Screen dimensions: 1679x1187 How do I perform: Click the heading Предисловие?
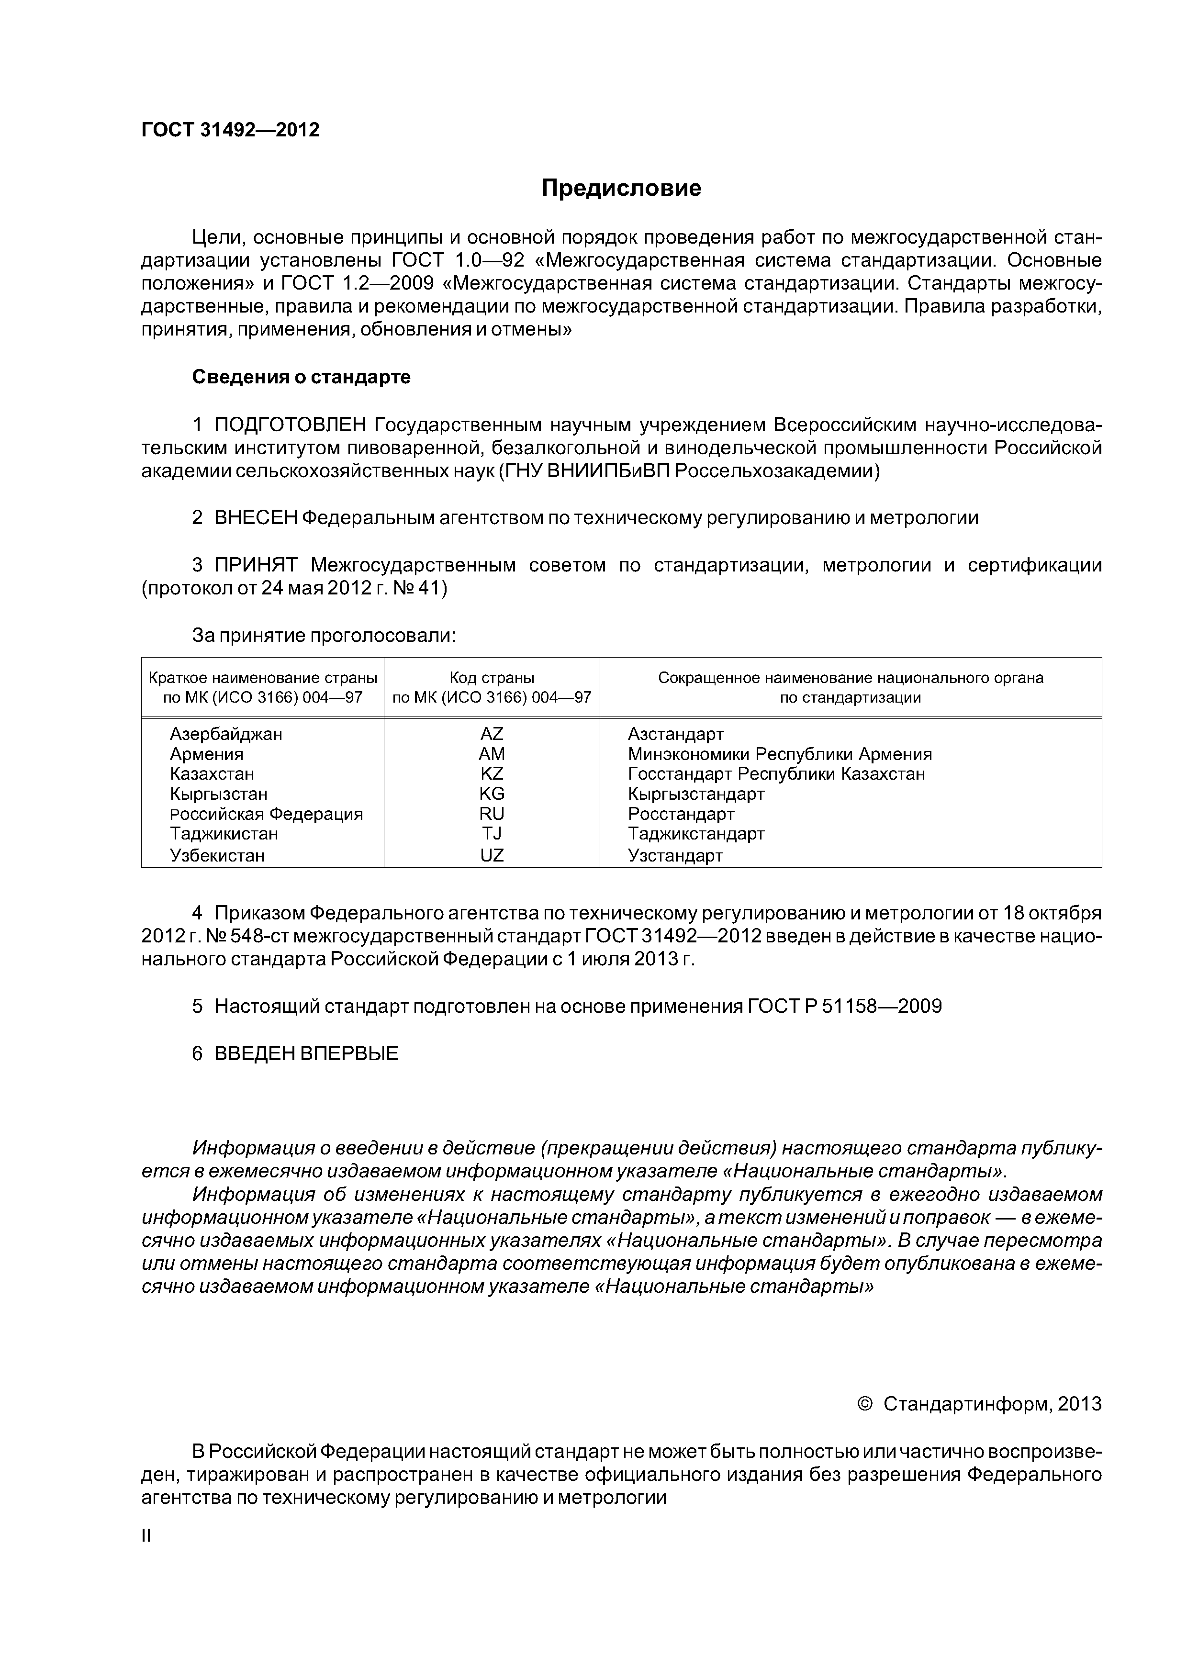pyautogui.click(x=621, y=189)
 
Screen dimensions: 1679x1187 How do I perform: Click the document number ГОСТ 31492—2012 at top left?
pyautogui.click(x=230, y=130)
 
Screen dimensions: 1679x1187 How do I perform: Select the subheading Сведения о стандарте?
pyautogui.click(x=302, y=377)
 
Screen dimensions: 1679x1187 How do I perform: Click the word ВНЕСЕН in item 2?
pyautogui.click(x=255, y=518)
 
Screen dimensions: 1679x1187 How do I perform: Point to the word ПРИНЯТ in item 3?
pyautogui.click(x=255, y=565)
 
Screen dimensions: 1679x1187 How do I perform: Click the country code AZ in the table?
pyautogui.click(x=492, y=733)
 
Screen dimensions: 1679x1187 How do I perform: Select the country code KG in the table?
pyautogui.click(x=492, y=794)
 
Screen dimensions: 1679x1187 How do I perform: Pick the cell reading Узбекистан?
pyautogui.click(x=217, y=856)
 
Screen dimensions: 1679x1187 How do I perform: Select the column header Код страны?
pyautogui.click(x=492, y=677)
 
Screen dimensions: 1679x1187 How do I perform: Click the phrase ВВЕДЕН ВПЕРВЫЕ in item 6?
pyautogui.click(x=306, y=1054)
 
